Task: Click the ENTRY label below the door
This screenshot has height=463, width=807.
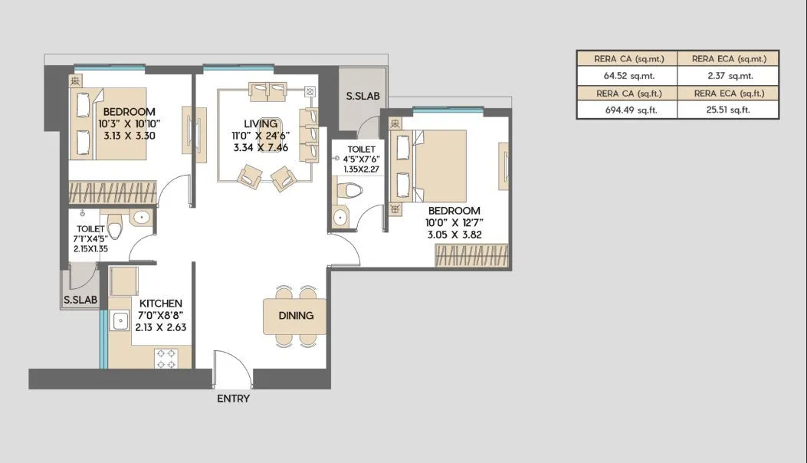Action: (x=233, y=399)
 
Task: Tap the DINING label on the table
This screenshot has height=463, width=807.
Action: (x=295, y=315)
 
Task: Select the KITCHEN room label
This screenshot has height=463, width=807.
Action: (x=160, y=304)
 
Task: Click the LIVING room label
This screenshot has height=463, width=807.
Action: (x=261, y=123)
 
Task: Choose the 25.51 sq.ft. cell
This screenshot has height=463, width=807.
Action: (x=728, y=110)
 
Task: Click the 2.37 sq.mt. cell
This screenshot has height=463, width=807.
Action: (x=728, y=76)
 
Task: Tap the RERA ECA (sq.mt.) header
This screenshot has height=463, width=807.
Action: (x=728, y=59)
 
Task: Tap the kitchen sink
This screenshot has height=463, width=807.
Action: (x=120, y=322)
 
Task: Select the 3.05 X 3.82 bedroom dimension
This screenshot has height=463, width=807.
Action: (x=454, y=235)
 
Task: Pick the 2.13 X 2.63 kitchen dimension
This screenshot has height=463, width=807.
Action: (x=160, y=327)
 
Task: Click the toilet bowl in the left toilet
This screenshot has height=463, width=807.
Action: (x=115, y=228)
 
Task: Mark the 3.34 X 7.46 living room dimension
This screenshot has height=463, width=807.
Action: (x=261, y=148)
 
